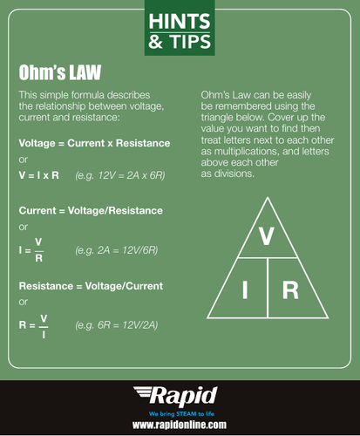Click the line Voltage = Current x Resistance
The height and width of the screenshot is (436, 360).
pyautogui.click(x=94, y=142)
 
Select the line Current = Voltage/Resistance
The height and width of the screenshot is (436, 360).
pyautogui.click(x=91, y=210)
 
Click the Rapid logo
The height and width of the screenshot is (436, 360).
pyautogui.click(x=180, y=393)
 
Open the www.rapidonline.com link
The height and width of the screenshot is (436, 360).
pyautogui.click(x=180, y=424)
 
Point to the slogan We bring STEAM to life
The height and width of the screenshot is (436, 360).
pyautogui.click(x=180, y=411)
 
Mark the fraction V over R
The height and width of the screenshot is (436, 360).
pyautogui.click(x=38, y=250)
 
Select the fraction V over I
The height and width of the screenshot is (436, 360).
pyautogui.click(x=44, y=324)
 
